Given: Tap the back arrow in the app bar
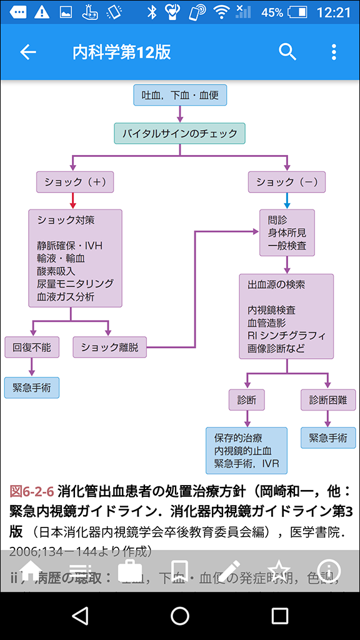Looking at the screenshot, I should [28, 52].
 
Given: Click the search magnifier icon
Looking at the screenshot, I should [287, 52].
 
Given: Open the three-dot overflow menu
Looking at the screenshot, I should [334, 52].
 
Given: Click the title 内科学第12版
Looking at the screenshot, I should [121, 52].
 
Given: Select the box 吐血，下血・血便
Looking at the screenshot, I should [180, 96].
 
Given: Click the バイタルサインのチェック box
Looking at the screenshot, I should [180, 133].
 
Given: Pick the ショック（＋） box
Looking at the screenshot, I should [74, 182].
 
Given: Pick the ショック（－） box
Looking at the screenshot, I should [287, 182].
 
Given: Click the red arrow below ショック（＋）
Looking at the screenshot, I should [74, 201].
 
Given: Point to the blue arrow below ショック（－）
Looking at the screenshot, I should [287, 201].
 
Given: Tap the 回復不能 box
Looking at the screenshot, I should [32, 347].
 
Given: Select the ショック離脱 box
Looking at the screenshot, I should [109, 347].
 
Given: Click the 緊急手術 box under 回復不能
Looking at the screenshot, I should [32, 387].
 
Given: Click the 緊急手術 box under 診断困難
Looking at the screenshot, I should [328, 437].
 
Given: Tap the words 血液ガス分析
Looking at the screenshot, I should [66, 296].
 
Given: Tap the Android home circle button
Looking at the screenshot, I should [180, 616].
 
